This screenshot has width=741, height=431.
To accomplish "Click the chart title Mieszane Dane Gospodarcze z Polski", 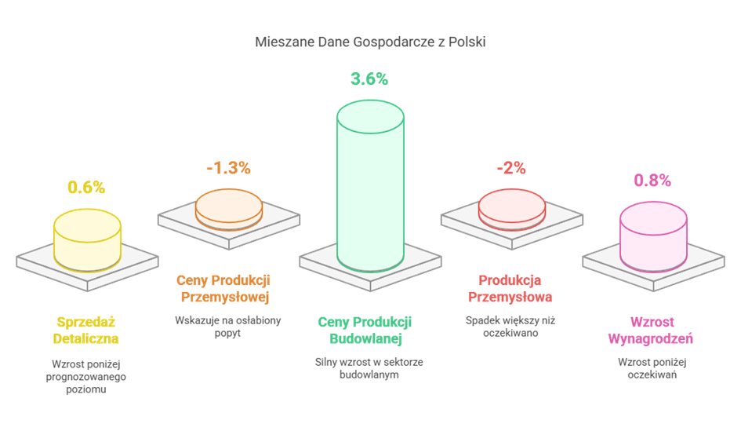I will pyautogui.click(x=370, y=42).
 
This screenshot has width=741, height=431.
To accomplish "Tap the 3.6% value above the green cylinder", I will pyautogui.click(x=369, y=79).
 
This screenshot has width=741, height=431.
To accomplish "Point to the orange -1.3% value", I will pyautogui.click(x=228, y=167).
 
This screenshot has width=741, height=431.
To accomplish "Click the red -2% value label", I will pyautogui.click(x=510, y=167).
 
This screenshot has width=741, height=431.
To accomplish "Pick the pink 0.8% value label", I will pyautogui.click(x=652, y=181).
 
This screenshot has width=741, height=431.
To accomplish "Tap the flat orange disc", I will pyautogui.click(x=229, y=207).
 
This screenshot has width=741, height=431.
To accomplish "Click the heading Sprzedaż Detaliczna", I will pyautogui.click(x=86, y=331).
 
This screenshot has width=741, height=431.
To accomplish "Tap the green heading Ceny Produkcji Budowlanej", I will pyautogui.click(x=365, y=331).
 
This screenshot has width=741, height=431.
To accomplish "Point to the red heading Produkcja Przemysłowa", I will pyautogui.click(x=510, y=288).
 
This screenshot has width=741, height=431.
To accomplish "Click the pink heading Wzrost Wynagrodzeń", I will pyautogui.click(x=651, y=331).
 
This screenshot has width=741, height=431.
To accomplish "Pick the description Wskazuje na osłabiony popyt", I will pyautogui.click(x=228, y=326).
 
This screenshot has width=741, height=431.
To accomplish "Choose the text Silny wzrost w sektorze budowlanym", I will pyautogui.click(x=369, y=368).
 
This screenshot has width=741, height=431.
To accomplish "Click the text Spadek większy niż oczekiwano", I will pyautogui.click(x=510, y=326).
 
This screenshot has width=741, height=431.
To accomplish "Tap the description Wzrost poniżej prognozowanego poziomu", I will pyautogui.click(x=86, y=377).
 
